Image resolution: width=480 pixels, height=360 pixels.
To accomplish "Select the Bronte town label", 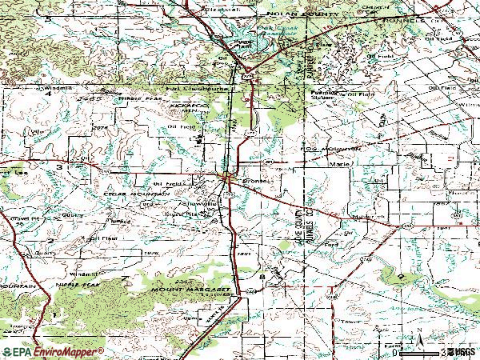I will (x=254, y=181).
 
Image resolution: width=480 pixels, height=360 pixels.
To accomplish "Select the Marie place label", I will (x=338, y=165).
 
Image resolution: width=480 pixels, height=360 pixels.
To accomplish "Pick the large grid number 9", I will (x=400, y=275).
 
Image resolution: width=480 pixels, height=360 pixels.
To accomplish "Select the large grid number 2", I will (x=50, y=240).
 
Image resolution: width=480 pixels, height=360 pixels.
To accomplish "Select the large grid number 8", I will (x=262, y=275).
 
